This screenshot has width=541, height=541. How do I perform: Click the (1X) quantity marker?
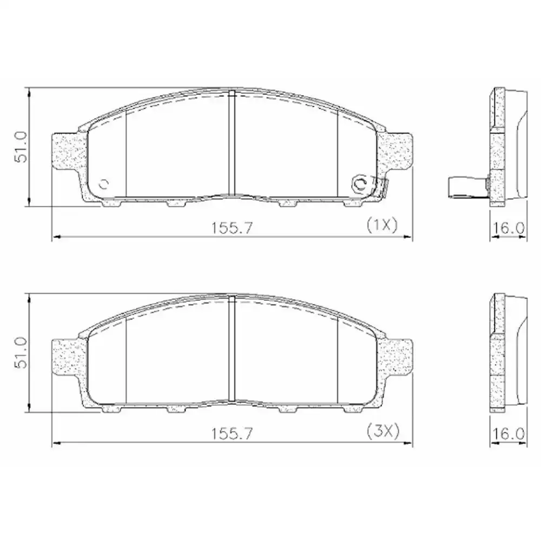(382, 225)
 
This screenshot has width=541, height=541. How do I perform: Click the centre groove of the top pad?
(232, 143)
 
